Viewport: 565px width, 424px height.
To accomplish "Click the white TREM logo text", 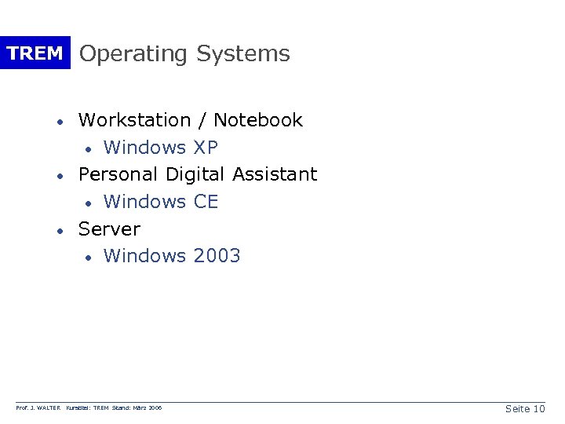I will click(x=35, y=53).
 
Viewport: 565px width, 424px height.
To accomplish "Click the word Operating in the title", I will click(x=133, y=55).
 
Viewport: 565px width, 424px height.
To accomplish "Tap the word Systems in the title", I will click(x=243, y=53).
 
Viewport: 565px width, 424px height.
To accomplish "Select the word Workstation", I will click(x=135, y=120).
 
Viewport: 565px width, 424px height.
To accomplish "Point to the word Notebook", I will click(x=258, y=120).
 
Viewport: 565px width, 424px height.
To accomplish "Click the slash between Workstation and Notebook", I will click(x=202, y=120).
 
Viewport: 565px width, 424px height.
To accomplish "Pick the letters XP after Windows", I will click(x=206, y=147).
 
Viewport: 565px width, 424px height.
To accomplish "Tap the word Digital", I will click(x=195, y=174).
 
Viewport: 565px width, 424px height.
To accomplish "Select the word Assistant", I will click(x=275, y=174).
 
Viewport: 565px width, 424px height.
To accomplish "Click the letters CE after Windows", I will click(x=206, y=202).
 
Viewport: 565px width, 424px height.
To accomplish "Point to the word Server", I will click(x=110, y=229).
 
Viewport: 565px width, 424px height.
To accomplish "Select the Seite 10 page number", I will click(x=526, y=409).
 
